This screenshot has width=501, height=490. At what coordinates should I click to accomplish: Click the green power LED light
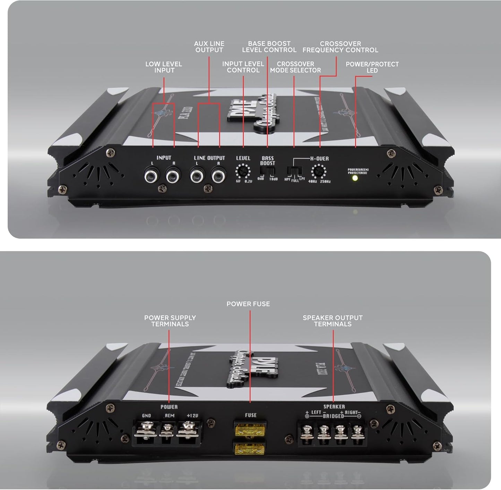pos(355,178)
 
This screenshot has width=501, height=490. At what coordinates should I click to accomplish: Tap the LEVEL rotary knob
pos(243,171)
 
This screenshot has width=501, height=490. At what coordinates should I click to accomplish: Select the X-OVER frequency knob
pos(319,171)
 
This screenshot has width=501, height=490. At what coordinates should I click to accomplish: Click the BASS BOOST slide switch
pos(267,171)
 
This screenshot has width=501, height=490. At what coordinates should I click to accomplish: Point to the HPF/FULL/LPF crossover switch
pos(294,171)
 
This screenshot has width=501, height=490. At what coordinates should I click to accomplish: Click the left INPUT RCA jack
pos(152,176)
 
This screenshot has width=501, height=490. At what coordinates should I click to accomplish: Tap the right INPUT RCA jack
pos(173,176)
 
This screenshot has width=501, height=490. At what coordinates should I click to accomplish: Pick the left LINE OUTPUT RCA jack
pos(197,176)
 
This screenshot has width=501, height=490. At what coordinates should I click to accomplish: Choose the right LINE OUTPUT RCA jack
pos(218,176)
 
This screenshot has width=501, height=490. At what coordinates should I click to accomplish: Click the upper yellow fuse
pos(250,431)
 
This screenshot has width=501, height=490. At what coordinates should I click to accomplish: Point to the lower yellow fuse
pos(250,450)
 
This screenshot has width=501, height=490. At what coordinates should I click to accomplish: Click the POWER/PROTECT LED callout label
pos(372,67)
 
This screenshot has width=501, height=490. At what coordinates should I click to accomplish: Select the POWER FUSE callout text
pos(248,304)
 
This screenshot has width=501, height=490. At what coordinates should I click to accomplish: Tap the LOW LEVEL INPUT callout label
pos(164,67)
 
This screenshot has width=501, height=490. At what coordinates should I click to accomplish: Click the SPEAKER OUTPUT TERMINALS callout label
pos(332,321)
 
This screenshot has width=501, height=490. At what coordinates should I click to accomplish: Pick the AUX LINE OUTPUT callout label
pos(209,47)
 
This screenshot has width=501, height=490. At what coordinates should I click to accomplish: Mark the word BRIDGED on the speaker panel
pos(333,416)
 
